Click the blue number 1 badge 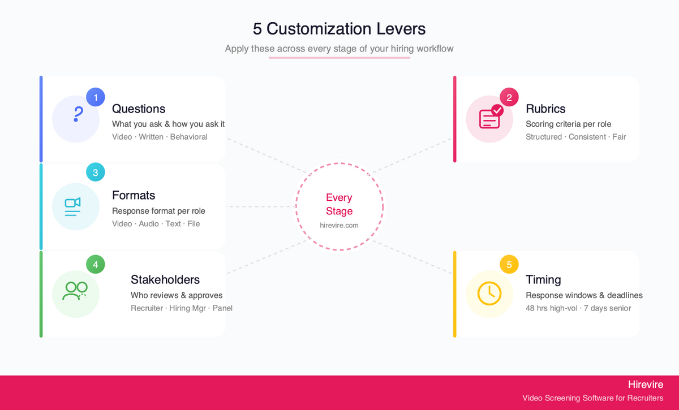point(96,97)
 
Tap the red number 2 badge point(509,97)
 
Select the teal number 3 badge point(96,172)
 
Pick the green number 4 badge point(96,264)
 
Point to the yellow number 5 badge point(509,264)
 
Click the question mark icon point(78,114)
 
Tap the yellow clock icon point(489,294)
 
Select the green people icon point(75,291)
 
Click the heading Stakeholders point(165,279)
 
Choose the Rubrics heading point(545,109)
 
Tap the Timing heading point(543,279)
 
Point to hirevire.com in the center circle point(339,225)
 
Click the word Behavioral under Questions point(188,137)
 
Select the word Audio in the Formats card point(148,223)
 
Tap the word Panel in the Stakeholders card point(222,308)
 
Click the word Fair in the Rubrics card point(619,137)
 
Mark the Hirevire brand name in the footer point(646,384)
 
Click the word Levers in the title point(401,29)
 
